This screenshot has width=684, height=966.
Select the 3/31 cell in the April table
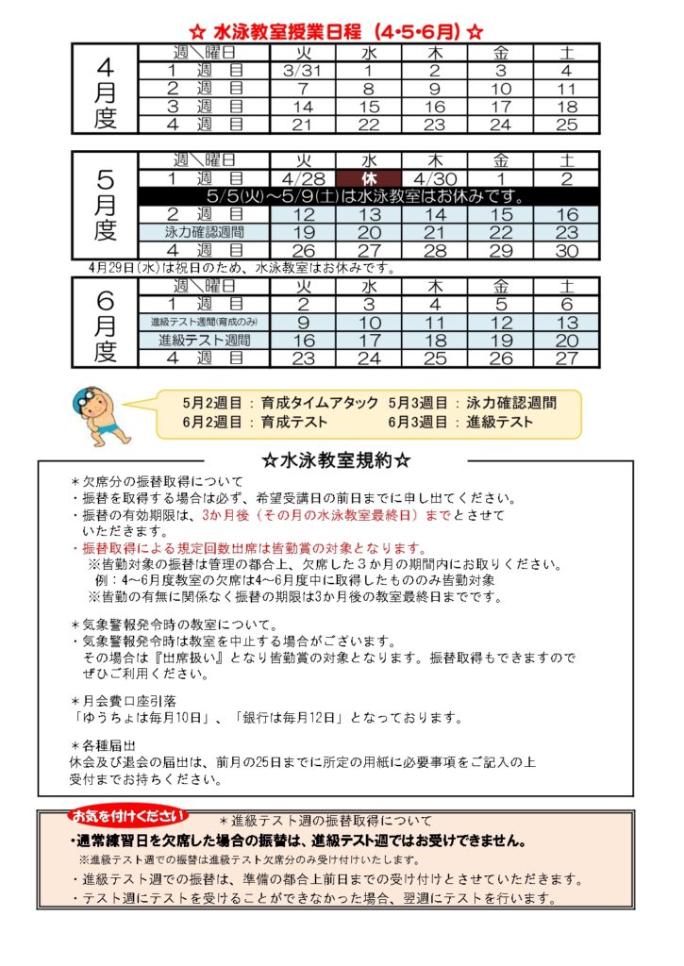[303, 70]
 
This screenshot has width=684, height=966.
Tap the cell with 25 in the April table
[566, 125]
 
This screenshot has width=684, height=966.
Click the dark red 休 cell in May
[368, 178]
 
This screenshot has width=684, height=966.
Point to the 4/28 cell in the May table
[303, 178]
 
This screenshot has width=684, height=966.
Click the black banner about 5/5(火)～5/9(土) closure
[368, 196]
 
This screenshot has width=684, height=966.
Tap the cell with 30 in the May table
[566, 250]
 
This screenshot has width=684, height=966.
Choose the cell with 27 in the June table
[566, 358]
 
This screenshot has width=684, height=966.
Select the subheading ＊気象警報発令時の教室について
[175, 625]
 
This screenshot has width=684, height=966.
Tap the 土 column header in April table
[566, 51]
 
